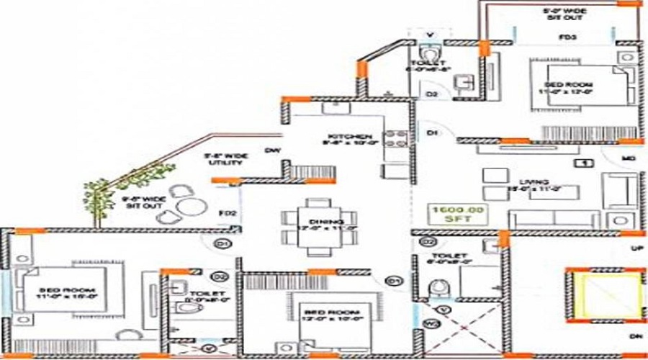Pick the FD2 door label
(228, 214)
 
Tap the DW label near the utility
(271, 150)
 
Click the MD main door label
(628, 157)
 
